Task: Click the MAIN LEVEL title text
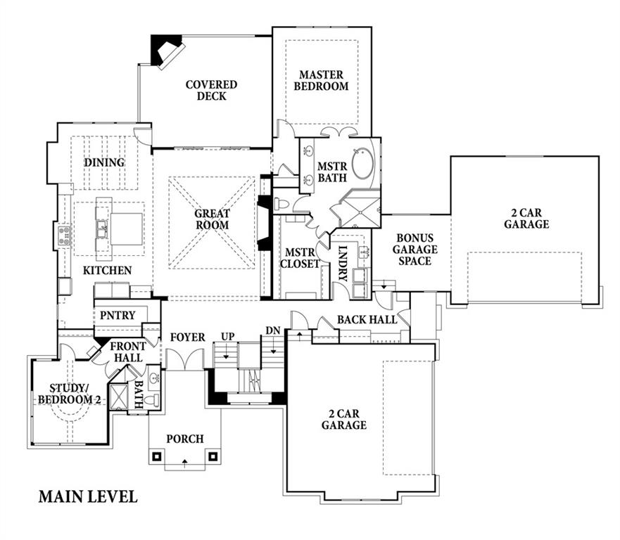click(x=88, y=496)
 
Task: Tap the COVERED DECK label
click(x=212, y=91)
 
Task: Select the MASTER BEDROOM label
click(x=321, y=81)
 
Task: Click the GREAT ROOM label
click(x=213, y=219)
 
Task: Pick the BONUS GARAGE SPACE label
click(x=415, y=250)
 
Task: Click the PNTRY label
click(x=118, y=315)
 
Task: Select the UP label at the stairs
click(x=228, y=337)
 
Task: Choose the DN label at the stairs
click(x=273, y=330)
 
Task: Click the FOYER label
click(x=188, y=337)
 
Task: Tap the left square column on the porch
click(x=156, y=456)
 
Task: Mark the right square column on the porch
click(x=213, y=456)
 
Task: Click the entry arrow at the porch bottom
click(x=185, y=461)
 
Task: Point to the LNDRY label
click(x=343, y=264)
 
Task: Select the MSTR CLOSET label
click(x=300, y=258)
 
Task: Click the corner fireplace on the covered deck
click(x=167, y=51)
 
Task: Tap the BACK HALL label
click(x=367, y=320)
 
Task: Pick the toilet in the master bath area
click(x=283, y=204)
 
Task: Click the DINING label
click(x=104, y=162)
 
